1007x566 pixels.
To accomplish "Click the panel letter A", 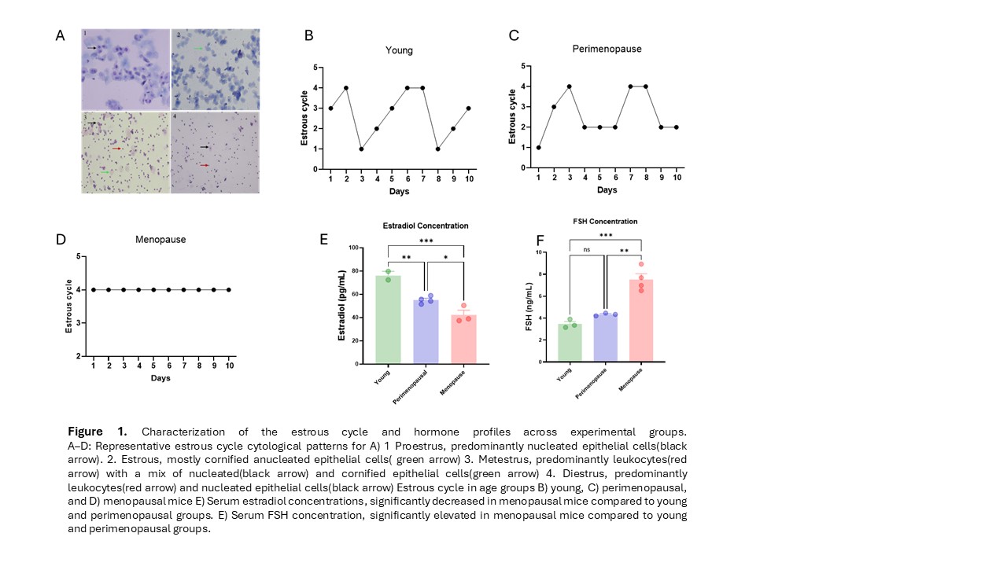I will (60, 35).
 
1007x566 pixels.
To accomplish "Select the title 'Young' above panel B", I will (399, 50).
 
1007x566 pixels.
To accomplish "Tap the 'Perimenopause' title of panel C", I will (607, 49).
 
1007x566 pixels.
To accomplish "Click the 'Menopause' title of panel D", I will (160, 239).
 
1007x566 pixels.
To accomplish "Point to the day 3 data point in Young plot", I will (361, 149).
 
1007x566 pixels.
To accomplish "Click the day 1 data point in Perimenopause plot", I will (538, 147).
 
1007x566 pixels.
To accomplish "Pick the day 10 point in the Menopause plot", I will (229, 289).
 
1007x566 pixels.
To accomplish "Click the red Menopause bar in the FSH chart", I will (641, 320).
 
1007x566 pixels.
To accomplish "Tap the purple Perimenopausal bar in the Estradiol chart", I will (425, 331).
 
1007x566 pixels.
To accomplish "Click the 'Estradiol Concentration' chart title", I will (426, 226).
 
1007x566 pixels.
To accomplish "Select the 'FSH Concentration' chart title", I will (605, 222).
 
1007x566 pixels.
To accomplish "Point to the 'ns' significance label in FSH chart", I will (586, 249).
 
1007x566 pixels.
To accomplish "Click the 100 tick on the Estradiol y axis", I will (353, 248).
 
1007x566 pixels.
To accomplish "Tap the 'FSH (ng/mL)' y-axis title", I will (529, 307).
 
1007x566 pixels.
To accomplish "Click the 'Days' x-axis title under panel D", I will (160, 378).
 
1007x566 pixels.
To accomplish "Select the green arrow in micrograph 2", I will (199, 49).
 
